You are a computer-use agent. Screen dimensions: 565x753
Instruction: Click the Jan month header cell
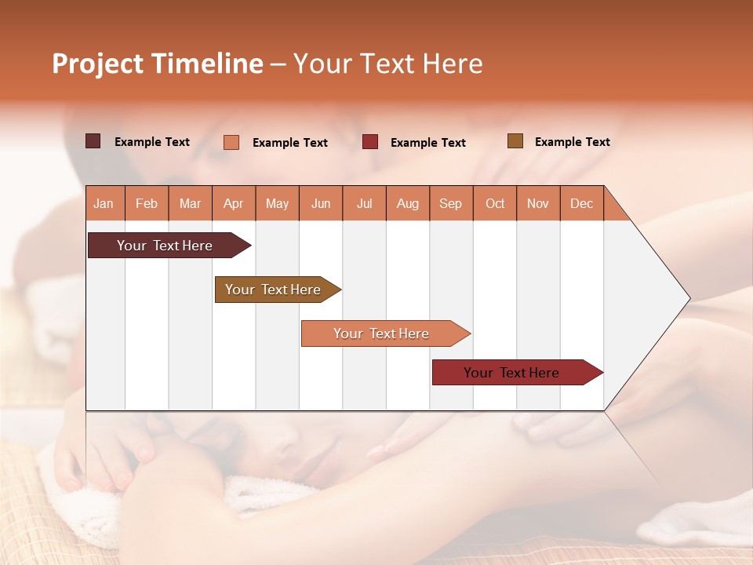coord(104,203)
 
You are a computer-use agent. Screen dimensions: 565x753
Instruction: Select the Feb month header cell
coord(147,203)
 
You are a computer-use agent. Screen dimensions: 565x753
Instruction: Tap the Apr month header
coord(234,203)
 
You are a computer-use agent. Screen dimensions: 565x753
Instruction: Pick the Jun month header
coord(321,203)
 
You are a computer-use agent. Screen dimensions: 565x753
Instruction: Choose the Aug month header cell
coord(408,203)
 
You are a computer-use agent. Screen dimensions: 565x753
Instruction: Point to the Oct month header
coord(495,203)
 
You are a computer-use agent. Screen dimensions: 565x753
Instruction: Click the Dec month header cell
coord(582,203)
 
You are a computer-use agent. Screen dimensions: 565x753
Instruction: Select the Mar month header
coord(191,203)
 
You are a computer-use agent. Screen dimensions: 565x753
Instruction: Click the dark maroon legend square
coord(93,141)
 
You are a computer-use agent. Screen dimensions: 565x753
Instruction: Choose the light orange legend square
coord(231,142)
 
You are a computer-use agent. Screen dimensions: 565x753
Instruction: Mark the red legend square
coord(370,142)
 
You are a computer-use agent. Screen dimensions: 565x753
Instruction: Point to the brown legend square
coord(515,141)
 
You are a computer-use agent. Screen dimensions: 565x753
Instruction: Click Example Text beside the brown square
coord(572,142)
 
